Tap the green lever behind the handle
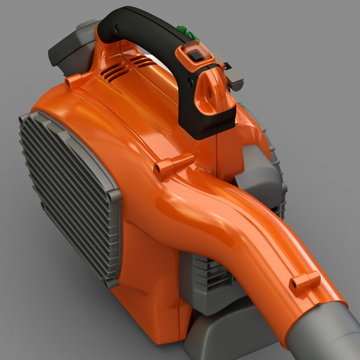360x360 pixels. pyautogui.click(x=187, y=30)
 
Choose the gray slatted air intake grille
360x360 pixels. pyautogui.click(x=66, y=192)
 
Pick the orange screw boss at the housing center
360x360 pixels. pyautogui.click(x=174, y=166)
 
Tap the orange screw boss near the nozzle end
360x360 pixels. pyautogui.click(x=305, y=281)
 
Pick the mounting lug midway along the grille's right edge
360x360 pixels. pyautogui.click(x=114, y=195)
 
